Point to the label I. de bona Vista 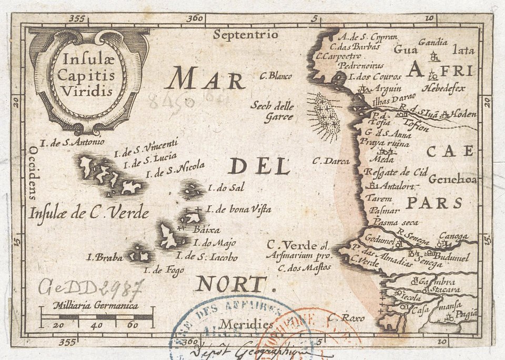239,209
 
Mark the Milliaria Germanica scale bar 97,317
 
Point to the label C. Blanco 276,75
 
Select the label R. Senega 414,235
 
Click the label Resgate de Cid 396,172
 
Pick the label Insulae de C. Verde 89,212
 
